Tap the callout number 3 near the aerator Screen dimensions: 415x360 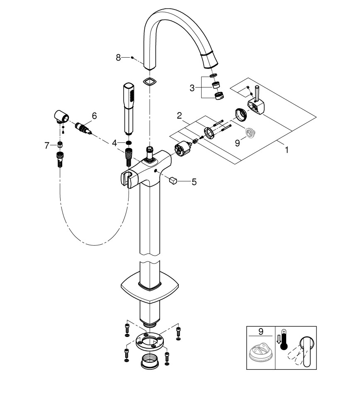192,88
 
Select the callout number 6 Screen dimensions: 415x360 94,116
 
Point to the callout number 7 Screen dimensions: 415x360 47,145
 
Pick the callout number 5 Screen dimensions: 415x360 194,182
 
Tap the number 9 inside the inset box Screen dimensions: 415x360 260,332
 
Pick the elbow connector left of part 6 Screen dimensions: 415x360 61,117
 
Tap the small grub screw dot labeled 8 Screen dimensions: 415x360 131,58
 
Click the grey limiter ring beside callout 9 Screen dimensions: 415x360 249,132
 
